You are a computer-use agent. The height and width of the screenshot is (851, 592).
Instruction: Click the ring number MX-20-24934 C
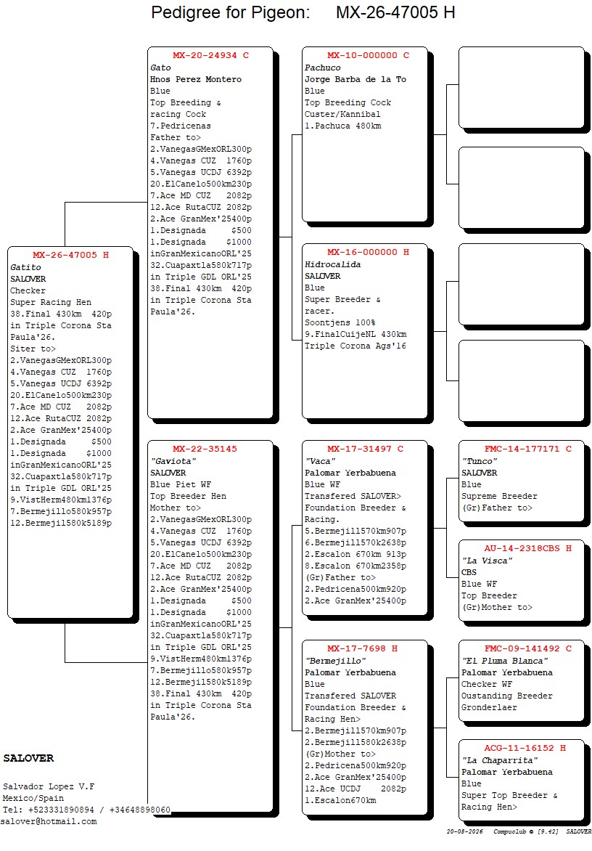click(210, 55)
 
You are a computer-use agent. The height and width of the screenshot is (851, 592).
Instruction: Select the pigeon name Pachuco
click(323, 68)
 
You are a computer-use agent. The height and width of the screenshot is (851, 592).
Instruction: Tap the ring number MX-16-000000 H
click(368, 253)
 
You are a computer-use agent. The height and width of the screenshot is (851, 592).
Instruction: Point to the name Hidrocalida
click(332, 265)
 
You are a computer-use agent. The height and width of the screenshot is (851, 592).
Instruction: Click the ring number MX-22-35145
click(205, 449)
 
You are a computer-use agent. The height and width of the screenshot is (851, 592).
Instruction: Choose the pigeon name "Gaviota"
click(173, 461)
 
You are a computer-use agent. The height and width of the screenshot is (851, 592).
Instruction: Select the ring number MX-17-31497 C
click(366, 449)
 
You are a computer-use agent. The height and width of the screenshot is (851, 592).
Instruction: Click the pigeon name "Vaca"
click(321, 461)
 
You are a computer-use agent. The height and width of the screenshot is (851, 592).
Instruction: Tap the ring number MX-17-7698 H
click(362, 648)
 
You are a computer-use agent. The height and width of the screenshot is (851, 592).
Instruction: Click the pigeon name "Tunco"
click(480, 461)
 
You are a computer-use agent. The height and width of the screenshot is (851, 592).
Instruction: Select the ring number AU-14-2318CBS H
click(528, 548)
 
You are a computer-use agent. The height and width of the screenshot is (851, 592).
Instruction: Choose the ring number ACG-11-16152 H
click(525, 748)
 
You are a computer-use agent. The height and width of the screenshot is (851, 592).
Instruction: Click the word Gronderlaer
click(489, 708)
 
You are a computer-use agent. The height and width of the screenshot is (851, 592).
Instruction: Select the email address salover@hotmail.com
click(49, 822)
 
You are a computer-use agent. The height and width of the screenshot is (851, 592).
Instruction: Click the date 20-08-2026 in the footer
click(464, 831)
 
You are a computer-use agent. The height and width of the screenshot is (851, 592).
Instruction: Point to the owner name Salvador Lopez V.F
click(49, 786)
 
